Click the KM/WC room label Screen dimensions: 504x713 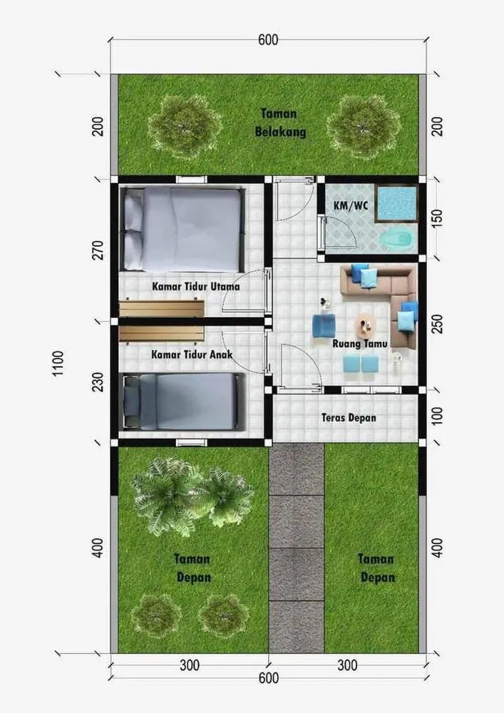(x=351, y=205)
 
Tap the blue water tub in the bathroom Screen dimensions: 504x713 (x=396, y=203)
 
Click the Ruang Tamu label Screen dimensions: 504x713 (x=359, y=344)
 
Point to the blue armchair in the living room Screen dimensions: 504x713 (x=324, y=326)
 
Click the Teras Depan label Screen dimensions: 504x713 (x=349, y=417)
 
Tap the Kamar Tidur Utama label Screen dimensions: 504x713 (x=196, y=287)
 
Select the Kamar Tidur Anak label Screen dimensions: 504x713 (x=192, y=354)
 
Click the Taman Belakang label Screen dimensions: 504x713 (x=280, y=123)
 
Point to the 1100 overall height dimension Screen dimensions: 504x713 (x=58, y=364)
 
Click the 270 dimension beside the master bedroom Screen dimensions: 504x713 (x=98, y=250)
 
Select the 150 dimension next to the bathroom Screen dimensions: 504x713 (x=437, y=219)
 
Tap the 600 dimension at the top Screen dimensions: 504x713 (x=268, y=40)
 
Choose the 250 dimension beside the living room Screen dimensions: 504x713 (x=437, y=324)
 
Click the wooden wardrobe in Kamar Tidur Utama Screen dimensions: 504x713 (x=161, y=307)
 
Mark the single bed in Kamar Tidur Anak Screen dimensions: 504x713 (x=183, y=401)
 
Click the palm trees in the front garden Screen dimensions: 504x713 (x=192, y=496)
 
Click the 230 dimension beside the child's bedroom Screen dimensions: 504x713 (x=98, y=382)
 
